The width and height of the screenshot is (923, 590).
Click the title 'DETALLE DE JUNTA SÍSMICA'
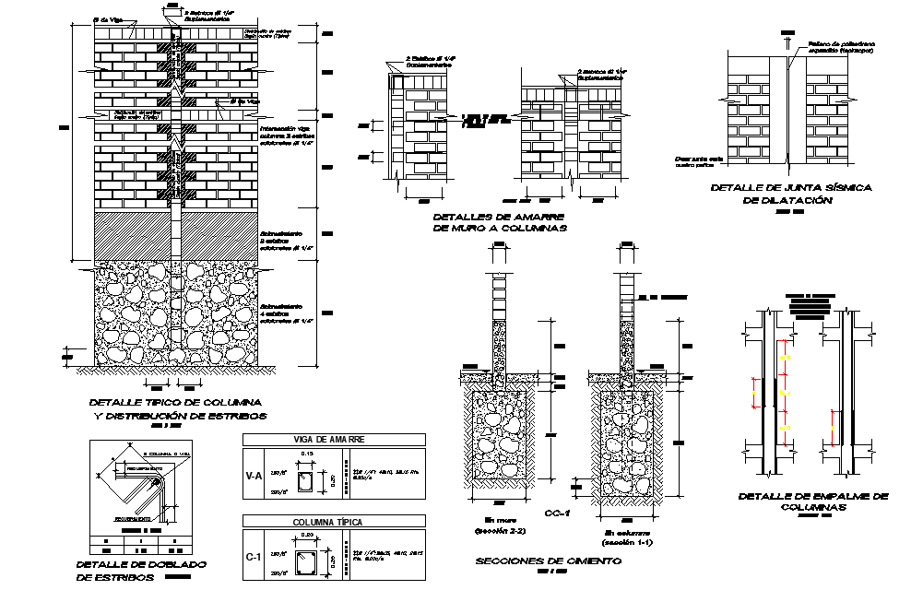(790, 187)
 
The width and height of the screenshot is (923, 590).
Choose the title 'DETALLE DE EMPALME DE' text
(812, 496)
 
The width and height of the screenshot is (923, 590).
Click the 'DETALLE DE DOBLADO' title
(141, 563)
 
